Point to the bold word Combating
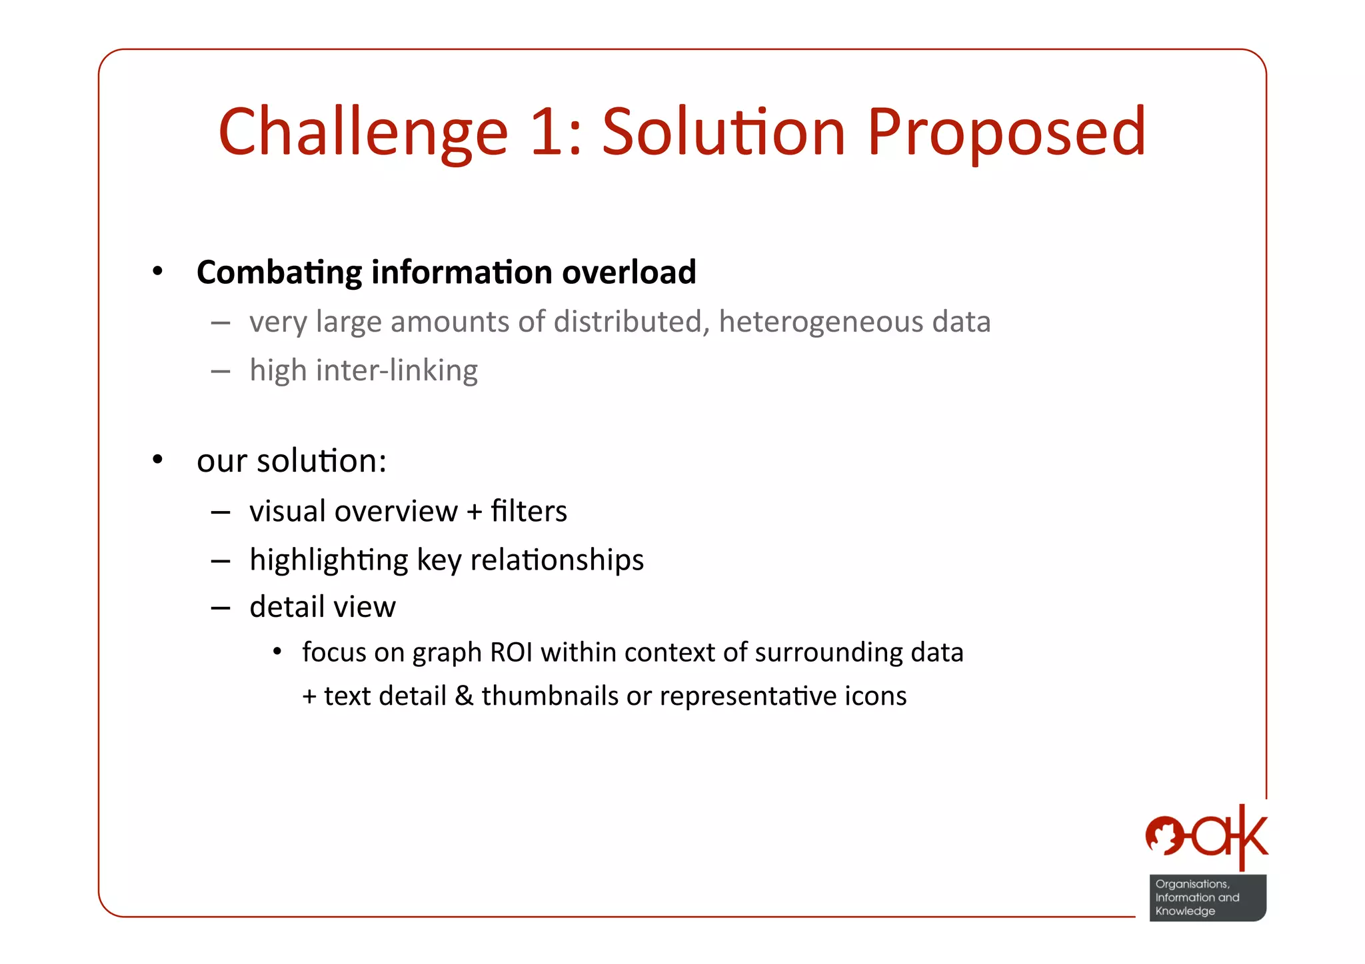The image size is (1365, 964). (x=279, y=272)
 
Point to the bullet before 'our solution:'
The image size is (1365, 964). (x=157, y=460)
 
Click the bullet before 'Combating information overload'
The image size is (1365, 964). (x=157, y=271)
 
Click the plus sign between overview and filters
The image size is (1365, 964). (x=474, y=512)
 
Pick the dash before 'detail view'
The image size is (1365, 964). (x=221, y=608)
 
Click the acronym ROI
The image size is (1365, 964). (x=511, y=652)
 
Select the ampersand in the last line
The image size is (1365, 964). (x=464, y=696)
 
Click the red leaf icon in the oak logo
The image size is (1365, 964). (x=1164, y=835)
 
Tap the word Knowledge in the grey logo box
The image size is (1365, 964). (x=1185, y=911)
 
